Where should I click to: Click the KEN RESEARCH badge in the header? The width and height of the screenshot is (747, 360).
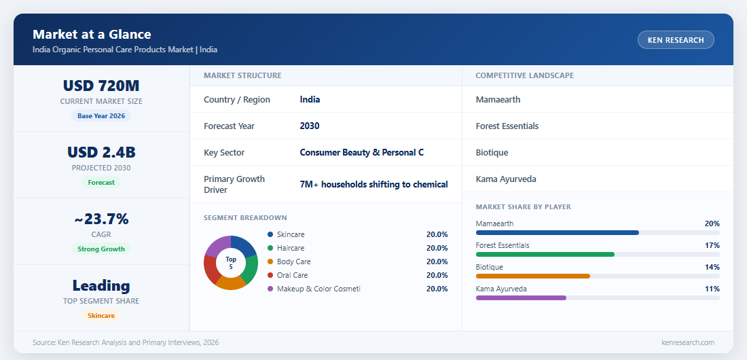point(676,40)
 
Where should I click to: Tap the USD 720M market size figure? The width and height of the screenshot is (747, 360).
point(101,86)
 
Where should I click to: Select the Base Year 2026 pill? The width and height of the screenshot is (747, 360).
point(101,116)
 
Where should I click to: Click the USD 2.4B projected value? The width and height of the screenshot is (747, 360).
point(101,152)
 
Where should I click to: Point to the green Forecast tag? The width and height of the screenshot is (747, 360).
point(101,182)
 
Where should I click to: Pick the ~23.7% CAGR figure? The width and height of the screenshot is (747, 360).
point(101,219)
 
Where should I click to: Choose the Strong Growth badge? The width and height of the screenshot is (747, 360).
point(101,249)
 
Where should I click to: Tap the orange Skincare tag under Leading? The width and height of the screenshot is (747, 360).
point(101,316)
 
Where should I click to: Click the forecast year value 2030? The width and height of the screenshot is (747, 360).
point(310,126)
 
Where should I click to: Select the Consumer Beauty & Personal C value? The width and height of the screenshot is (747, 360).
point(361,153)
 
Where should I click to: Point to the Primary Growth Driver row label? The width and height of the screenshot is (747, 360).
point(234,185)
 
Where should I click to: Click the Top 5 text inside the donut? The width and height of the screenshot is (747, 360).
point(231,263)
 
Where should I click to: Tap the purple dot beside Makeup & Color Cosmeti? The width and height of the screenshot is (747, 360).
point(270,289)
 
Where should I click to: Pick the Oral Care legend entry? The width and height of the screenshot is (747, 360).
point(293,275)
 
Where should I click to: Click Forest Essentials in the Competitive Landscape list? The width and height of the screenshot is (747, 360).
point(507,126)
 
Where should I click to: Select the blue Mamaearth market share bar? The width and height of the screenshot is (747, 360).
point(558,233)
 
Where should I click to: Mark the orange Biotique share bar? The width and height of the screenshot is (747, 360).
point(533,276)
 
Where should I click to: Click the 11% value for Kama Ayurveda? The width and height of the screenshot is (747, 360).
point(712,289)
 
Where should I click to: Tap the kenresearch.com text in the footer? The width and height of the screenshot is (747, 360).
point(688,342)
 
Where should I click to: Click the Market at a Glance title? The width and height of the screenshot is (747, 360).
point(92,35)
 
